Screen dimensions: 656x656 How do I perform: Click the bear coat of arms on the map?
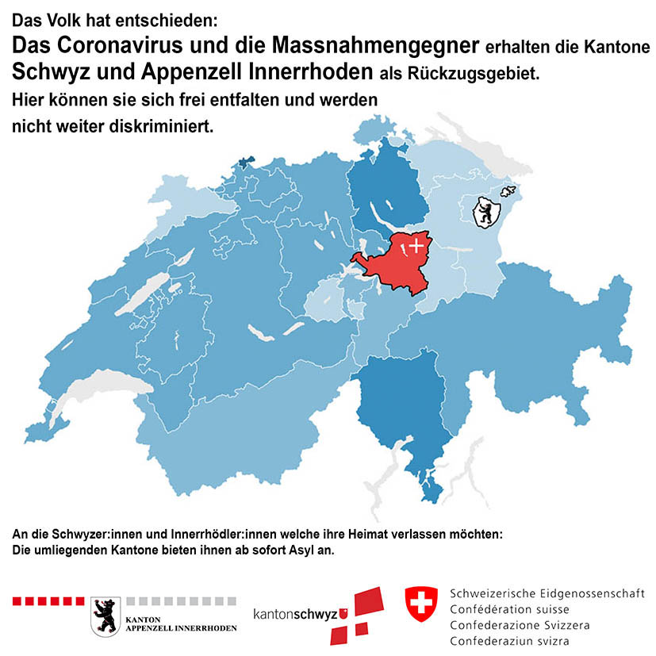click(484, 213)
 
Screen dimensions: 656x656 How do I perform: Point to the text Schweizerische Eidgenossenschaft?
click(547, 593)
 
